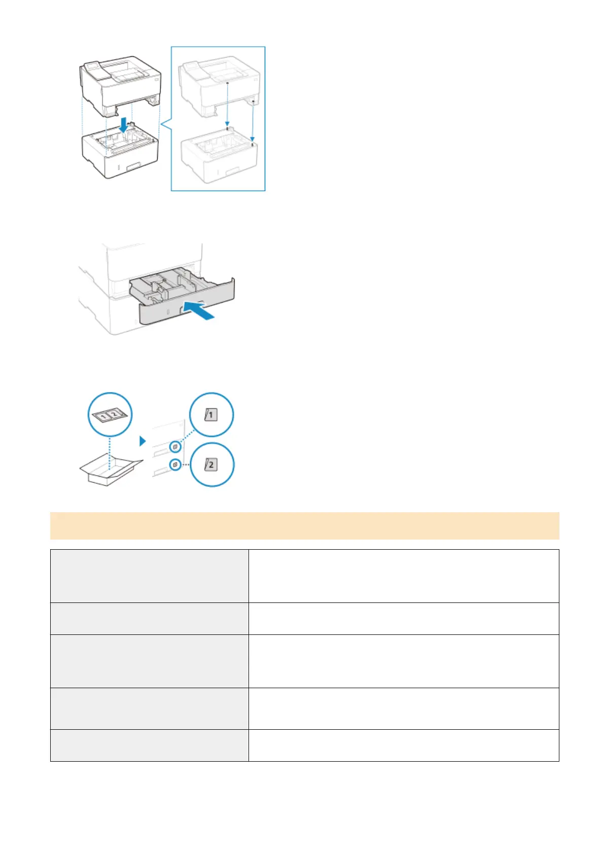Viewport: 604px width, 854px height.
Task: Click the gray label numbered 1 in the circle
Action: (211, 415)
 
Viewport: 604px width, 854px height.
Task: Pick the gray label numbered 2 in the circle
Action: (211, 464)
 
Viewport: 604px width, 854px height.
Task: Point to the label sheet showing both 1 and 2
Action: (109, 415)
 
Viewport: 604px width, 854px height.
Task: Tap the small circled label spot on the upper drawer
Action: (175, 447)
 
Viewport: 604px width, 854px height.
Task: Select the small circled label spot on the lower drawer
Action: (175, 464)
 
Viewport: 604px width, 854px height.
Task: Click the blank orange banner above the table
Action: (304, 525)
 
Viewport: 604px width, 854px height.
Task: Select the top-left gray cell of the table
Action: (149, 576)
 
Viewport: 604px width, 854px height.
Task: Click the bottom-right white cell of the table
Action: (403, 745)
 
